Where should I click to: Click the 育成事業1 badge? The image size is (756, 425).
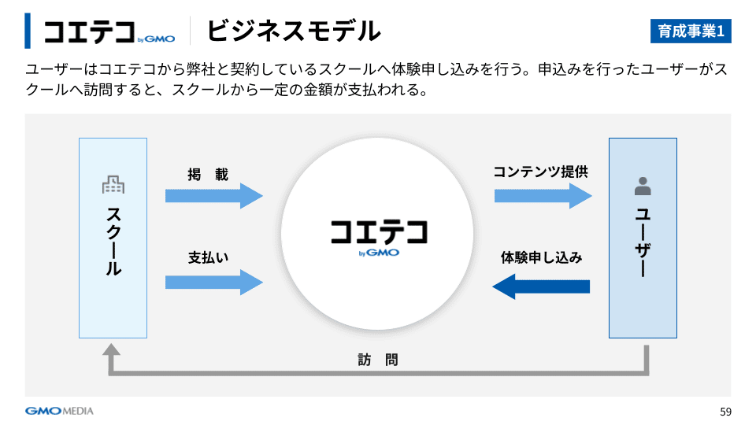pos(691,31)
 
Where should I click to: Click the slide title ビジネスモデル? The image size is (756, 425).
pos(293,31)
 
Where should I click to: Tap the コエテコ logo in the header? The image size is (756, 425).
pos(109,31)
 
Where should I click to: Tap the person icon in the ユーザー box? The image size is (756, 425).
pos(643,187)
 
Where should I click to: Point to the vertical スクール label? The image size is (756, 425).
pos(113,240)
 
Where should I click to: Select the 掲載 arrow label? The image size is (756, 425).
pos(208,175)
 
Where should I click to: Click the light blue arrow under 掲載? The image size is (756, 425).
pos(213,195)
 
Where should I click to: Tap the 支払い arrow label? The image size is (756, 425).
pos(208,257)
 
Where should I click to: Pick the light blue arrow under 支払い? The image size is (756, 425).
pos(213,281)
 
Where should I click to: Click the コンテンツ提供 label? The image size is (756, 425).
pos(540,172)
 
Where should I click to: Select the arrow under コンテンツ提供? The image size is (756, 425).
pos(543,195)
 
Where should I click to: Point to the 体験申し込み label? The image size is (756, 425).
pos(542,257)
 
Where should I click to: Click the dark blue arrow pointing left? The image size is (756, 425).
pos(541,286)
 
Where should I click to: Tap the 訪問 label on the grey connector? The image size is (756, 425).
pos(378,360)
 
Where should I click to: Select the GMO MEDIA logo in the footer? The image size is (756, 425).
pos(59,411)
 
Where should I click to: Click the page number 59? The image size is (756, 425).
pos(725,412)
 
